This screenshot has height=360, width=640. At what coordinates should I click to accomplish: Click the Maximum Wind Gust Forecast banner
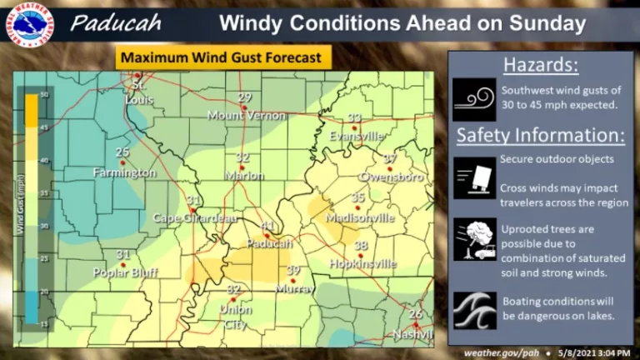coord(224,58)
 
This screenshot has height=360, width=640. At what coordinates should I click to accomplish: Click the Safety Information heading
coord(540,134)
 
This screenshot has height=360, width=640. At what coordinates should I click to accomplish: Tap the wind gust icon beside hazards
coord(474,99)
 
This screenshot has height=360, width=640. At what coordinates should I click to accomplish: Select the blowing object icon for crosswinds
coord(474,177)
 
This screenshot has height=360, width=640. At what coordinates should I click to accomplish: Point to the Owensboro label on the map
coord(390,177)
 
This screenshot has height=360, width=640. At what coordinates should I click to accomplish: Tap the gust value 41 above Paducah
coord(267,226)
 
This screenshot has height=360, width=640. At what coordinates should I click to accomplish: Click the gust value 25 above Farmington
coord(122,152)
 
